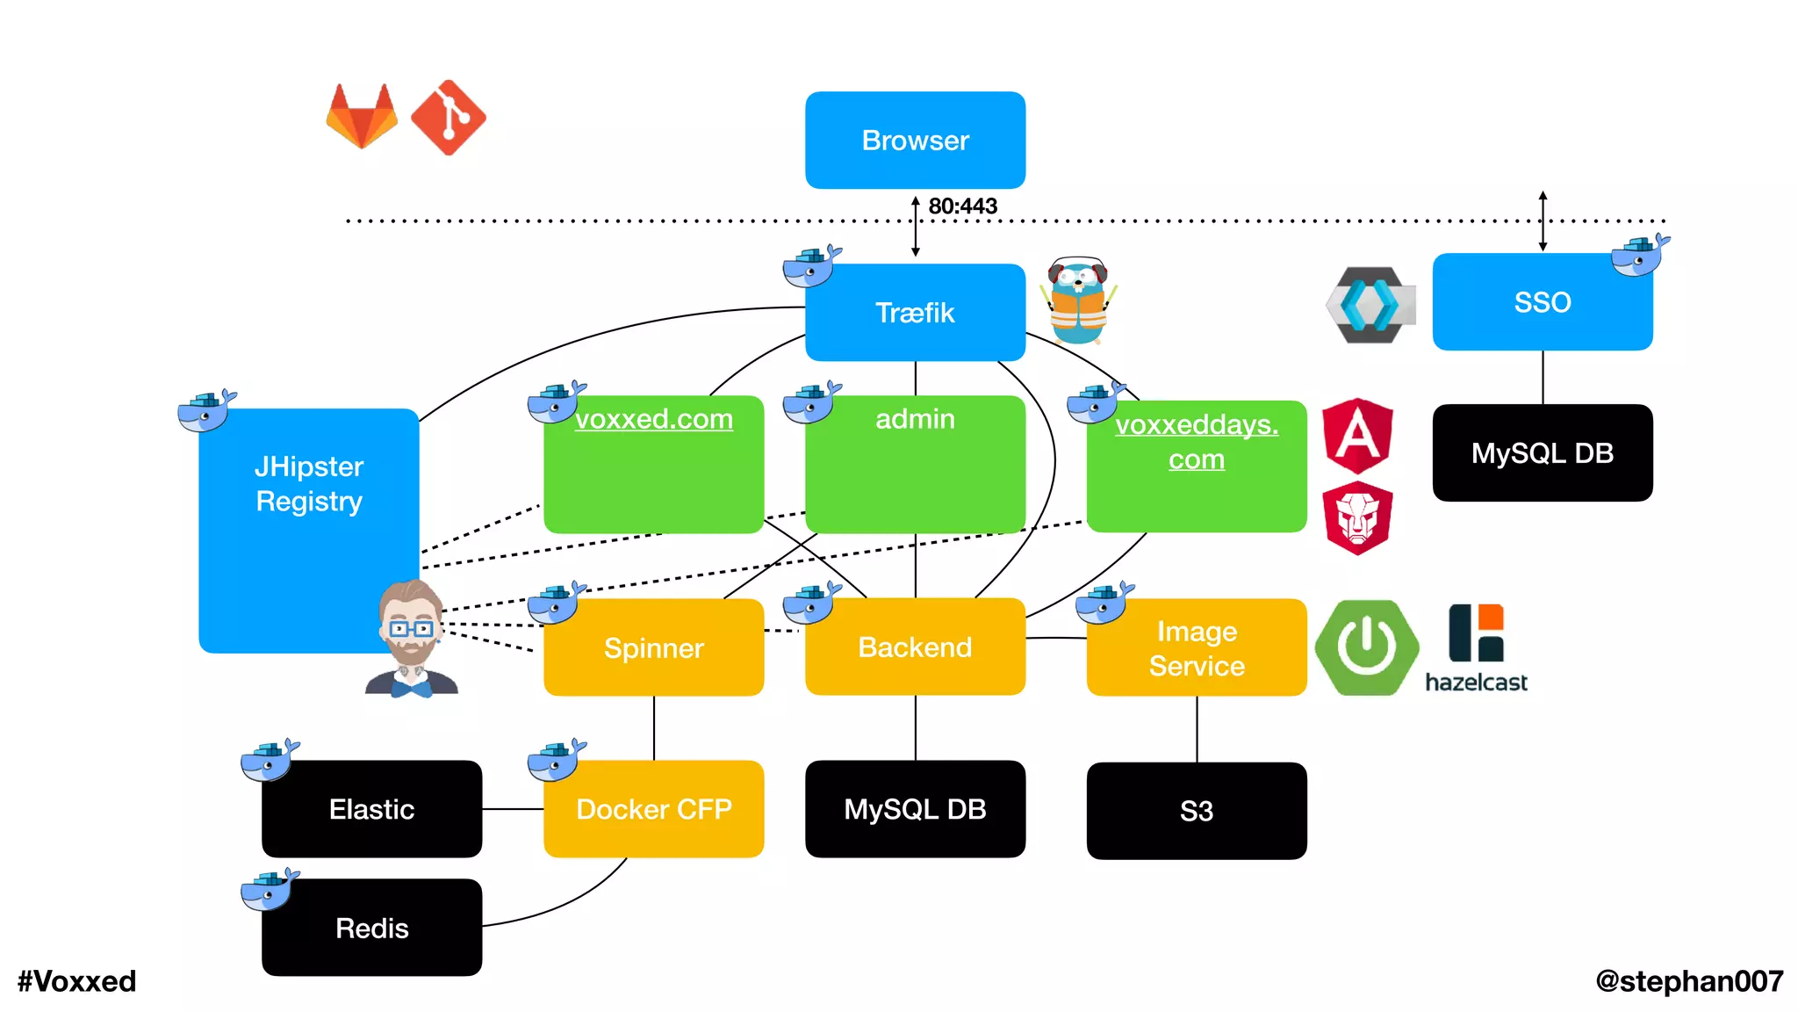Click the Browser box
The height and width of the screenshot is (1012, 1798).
pyautogui.click(x=915, y=141)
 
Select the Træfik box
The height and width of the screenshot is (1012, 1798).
pyautogui.click(x=915, y=313)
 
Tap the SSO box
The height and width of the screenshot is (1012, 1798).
pyautogui.click(x=1542, y=302)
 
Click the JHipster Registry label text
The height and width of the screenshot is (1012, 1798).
pyautogui.click(x=309, y=484)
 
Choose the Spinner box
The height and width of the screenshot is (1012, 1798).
pyautogui.click(x=653, y=648)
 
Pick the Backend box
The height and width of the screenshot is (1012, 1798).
pyautogui.click(x=915, y=647)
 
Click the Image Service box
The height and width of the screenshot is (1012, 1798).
pyautogui.click(x=1196, y=648)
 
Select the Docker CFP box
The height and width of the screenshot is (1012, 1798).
pyautogui.click(x=653, y=809)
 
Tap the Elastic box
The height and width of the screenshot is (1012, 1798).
pyautogui.click(x=371, y=809)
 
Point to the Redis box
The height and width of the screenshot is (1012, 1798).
pyautogui.click(x=371, y=929)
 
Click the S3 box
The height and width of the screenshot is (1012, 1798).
pyautogui.click(x=1196, y=811)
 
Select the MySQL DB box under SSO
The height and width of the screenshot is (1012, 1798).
pyautogui.click(x=1542, y=453)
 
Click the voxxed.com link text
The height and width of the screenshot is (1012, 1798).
pyautogui.click(x=654, y=419)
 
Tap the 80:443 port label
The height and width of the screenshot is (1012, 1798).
pyautogui.click(x=963, y=206)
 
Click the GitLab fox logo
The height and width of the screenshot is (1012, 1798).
pyautogui.click(x=362, y=117)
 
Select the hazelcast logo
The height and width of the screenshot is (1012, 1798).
pyautogui.click(x=1476, y=648)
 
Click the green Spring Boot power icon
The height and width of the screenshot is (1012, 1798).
pyautogui.click(x=1366, y=647)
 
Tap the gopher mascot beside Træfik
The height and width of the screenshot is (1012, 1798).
pyautogui.click(x=1078, y=301)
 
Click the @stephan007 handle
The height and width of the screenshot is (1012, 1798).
pyautogui.click(x=1689, y=981)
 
